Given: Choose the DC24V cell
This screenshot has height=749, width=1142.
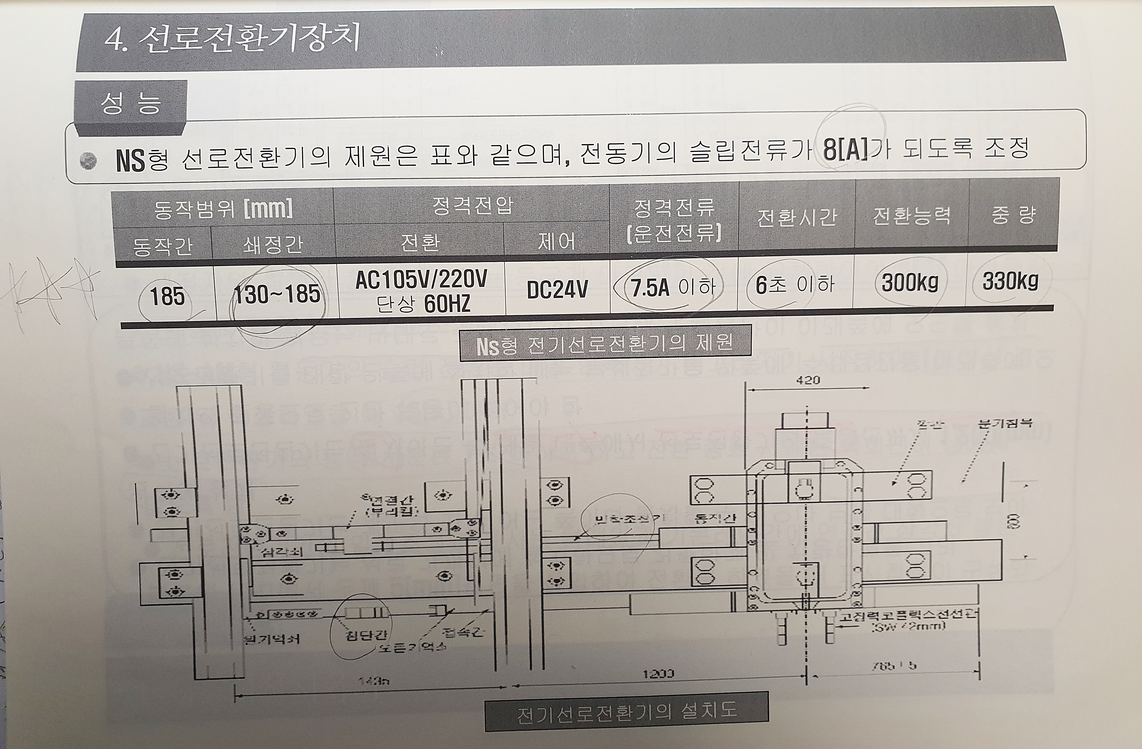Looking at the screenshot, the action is click(x=557, y=289).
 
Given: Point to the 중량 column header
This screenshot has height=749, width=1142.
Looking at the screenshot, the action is click(x=1013, y=215).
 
